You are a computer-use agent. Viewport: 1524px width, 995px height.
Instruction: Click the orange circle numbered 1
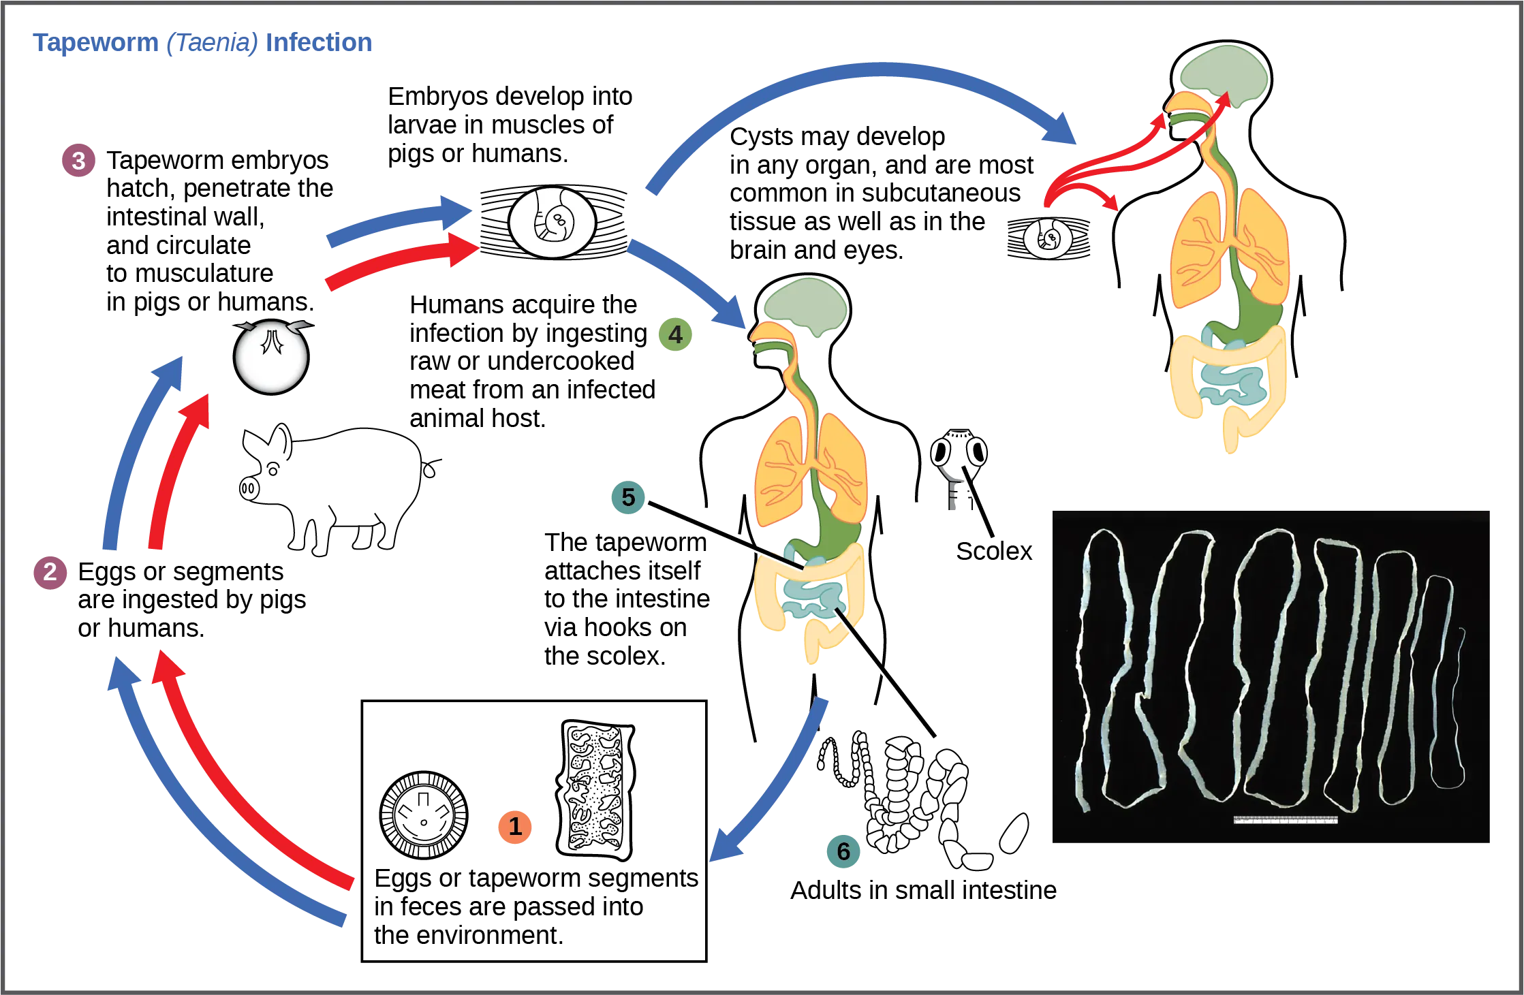[515, 826]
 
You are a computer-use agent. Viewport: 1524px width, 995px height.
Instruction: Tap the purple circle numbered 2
[50, 573]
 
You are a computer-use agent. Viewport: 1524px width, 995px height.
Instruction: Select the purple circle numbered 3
[78, 161]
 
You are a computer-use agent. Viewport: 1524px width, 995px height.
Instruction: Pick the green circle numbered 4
[674, 335]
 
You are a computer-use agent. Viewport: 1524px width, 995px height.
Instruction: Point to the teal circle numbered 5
[628, 497]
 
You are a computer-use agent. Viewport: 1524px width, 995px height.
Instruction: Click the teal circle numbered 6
[843, 851]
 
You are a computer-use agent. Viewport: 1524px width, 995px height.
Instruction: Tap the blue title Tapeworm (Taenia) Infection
[204, 44]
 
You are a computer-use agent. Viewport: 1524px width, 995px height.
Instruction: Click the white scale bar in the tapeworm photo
[1285, 820]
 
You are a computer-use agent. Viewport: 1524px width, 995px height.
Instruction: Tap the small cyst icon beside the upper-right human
[1050, 238]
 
